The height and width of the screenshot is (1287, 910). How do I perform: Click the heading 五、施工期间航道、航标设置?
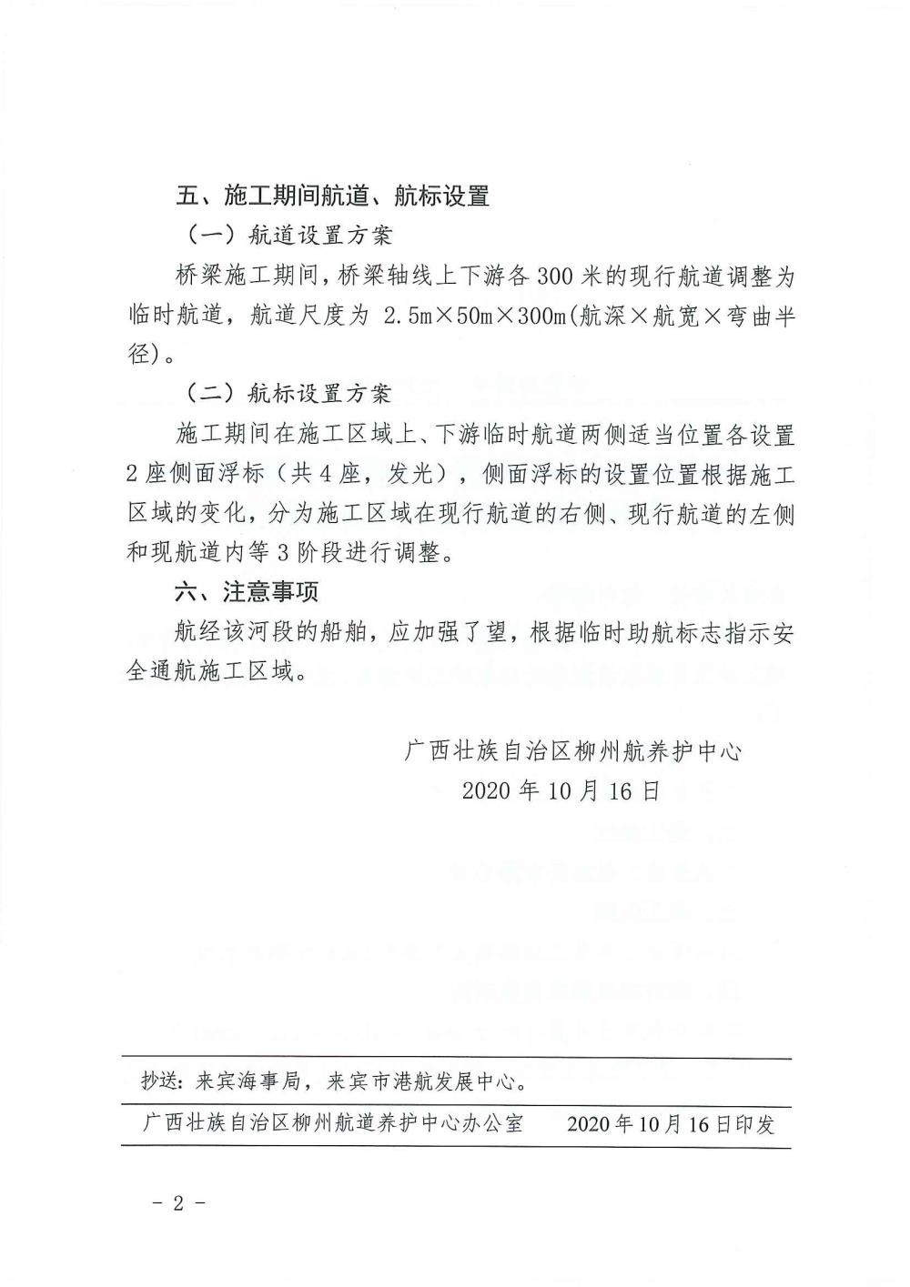(333, 196)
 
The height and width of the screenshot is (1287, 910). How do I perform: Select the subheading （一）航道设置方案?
(289, 236)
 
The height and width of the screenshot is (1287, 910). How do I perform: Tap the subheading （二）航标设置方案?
(289, 394)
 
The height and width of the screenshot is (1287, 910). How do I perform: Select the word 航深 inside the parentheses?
(603, 316)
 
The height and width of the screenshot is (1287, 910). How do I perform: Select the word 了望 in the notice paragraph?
(483, 633)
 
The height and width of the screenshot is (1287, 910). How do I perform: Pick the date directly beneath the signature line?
(561, 790)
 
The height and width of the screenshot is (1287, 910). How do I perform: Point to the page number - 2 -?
(178, 1202)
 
